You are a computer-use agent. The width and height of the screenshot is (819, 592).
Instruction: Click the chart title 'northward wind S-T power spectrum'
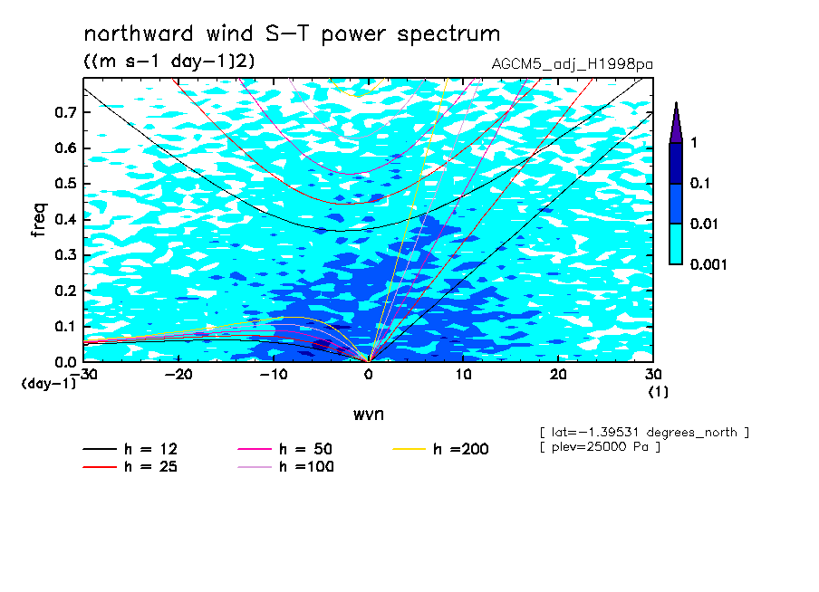coord(292,34)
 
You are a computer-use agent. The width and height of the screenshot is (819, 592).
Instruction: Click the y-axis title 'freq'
coord(39,220)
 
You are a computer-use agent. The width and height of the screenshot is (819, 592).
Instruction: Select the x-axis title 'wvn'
coord(368,415)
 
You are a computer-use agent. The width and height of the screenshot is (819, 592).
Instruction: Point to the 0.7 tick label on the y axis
coord(65,112)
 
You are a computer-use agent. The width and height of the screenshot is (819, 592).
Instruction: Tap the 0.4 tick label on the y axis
coord(65,219)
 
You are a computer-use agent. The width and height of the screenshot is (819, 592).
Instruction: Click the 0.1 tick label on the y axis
coord(65,326)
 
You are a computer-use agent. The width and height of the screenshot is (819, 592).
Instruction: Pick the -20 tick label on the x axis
coord(178,375)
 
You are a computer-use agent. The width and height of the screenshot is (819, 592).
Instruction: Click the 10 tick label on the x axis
coord(463,375)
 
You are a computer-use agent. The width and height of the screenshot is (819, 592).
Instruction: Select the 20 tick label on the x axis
coord(558,375)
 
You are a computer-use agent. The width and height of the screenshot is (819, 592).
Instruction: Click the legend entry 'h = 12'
coord(130,449)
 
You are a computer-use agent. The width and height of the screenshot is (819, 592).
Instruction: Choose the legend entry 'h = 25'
coord(130,466)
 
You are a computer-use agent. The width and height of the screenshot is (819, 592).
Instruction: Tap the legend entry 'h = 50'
coord(285,449)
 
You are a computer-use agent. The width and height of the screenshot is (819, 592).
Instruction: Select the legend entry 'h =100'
coord(285,466)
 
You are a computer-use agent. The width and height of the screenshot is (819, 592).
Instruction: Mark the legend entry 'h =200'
coord(440,449)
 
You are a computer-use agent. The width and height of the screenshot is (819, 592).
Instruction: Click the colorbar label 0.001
coord(708,264)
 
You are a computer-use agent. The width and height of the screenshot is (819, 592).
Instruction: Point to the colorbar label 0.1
coord(700,183)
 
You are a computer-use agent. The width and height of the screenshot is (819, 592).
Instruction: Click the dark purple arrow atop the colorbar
coord(676,123)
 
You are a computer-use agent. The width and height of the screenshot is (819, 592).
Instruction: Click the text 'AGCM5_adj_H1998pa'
coord(572,64)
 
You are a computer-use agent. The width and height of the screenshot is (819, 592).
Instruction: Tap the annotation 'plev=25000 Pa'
coord(600,447)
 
